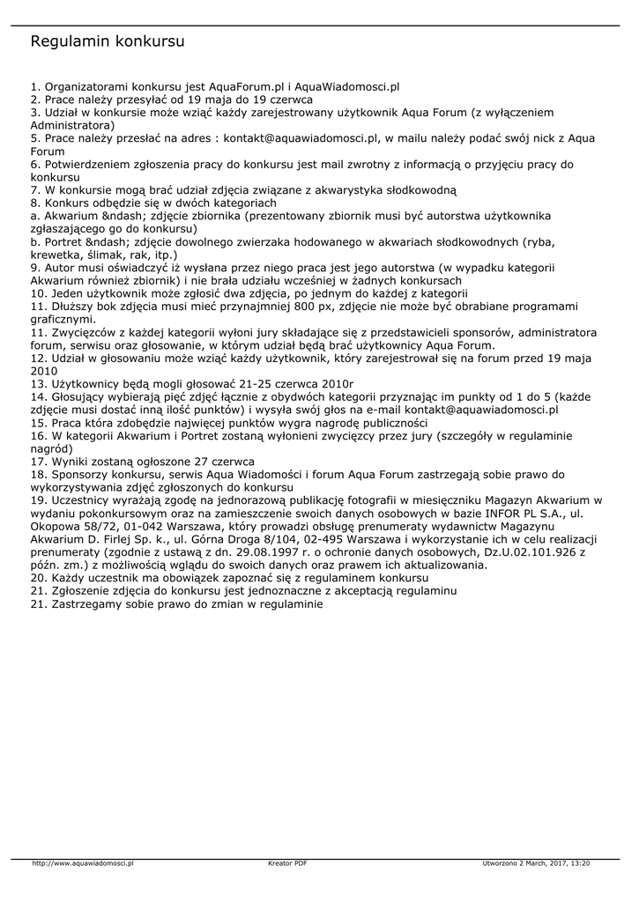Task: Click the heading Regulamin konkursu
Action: coord(108,41)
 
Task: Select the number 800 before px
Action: coord(308,305)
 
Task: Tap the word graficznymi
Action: coord(63,318)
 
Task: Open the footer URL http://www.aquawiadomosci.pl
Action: coord(82,863)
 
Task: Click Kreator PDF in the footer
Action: coord(287,863)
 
